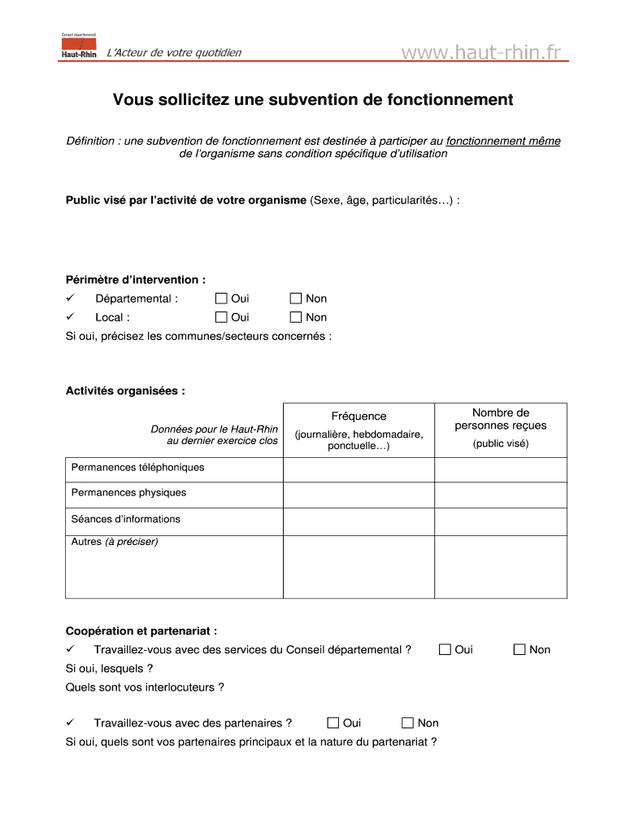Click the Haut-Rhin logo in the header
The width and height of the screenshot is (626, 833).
pyautogui.click(x=79, y=46)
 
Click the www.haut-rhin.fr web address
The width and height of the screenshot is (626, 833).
pyautogui.click(x=481, y=53)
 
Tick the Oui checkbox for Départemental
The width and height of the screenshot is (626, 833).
pyautogui.click(x=221, y=299)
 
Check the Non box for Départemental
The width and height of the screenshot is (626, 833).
pyautogui.click(x=296, y=299)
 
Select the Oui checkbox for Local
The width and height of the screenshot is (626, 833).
pyautogui.click(x=221, y=317)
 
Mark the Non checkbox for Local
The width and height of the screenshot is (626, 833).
pyautogui.click(x=296, y=317)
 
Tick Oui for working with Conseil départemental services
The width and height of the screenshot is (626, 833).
pyautogui.click(x=445, y=649)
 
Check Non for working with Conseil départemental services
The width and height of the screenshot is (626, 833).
pyautogui.click(x=519, y=649)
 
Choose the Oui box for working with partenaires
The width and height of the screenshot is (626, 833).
pyautogui.click(x=333, y=722)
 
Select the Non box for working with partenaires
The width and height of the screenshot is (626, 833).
pyautogui.click(x=408, y=722)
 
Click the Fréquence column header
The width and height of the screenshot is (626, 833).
pyautogui.click(x=359, y=416)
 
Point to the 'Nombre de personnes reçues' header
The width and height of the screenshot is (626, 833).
pyautogui.click(x=500, y=419)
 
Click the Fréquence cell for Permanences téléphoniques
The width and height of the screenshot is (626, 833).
pyautogui.click(x=359, y=469)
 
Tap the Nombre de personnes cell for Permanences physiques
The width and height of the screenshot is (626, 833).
pyautogui.click(x=500, y=495)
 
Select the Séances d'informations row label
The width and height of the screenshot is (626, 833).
pyautogui.click(x=126, y=519)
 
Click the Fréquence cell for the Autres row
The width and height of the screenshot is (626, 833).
pyautogui.click(x=359, y=566)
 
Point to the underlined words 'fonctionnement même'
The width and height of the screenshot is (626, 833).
pyautogui.click(x=503, y=141)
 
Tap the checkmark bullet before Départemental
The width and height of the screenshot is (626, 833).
pyautogui.click(x=71, y=299)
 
